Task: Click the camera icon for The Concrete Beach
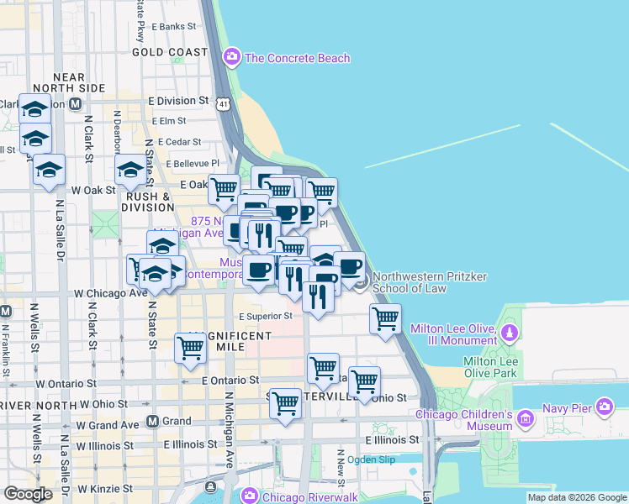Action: (231, 58)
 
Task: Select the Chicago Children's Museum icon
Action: (526, 417)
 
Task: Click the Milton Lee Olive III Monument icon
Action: (508, 334)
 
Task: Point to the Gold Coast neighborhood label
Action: (169, 52)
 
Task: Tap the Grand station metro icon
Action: (153, 421)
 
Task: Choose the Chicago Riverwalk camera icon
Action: (250, 496)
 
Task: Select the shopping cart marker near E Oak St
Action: (224, 190)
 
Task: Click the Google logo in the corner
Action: (28, 494)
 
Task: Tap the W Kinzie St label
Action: (106, 488)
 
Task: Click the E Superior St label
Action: (265, 317)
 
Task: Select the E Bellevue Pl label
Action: (193, 164)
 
